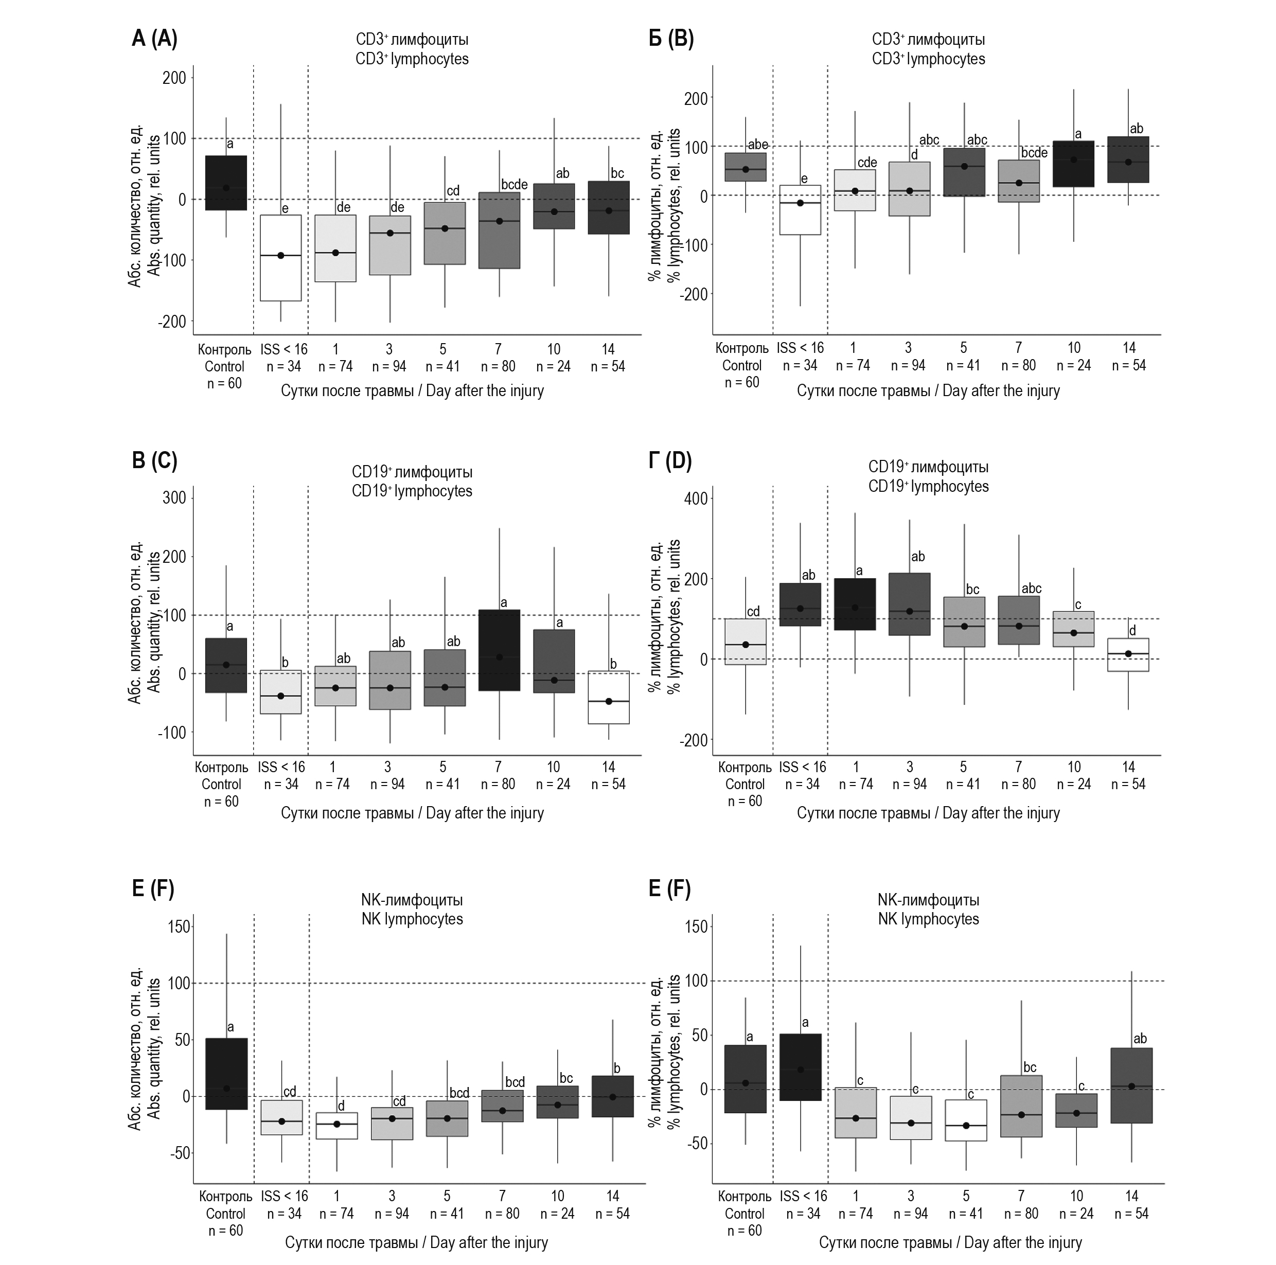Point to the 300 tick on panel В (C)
[174, 498]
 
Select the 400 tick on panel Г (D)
[696, 498]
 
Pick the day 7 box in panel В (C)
[499, 650]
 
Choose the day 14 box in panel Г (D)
[1128, 655]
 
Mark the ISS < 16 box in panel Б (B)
[801, 210]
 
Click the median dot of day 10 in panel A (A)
[554, 211]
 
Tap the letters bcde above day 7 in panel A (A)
[514, 185]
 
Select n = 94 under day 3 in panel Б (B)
[908, 365]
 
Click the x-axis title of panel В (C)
[412, 813]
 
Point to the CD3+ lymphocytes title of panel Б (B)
[928, 49]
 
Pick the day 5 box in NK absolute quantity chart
[447, 1118]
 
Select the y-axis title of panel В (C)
[144, 622]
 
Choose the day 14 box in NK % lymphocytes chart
[1131, 1085]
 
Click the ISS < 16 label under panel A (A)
[284, 349]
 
